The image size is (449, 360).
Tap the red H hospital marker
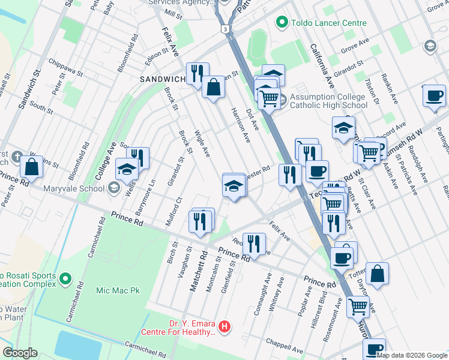[224, 326]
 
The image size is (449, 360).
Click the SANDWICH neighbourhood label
[162, 79]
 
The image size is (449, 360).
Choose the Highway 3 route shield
[224, 28]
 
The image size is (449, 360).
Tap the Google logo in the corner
[19, 353]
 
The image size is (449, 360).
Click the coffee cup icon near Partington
[434, 95]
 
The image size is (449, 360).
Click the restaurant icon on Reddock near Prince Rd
[254, 244]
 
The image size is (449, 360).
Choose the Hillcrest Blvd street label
[316, 311]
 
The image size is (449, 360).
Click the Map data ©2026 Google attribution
[412, 355]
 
